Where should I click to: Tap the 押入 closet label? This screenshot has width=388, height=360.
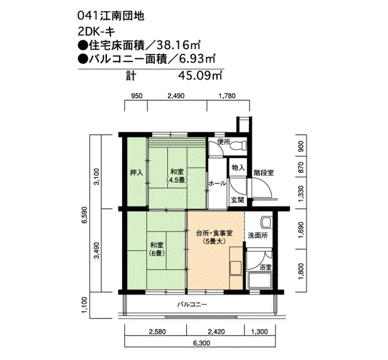point(136,172)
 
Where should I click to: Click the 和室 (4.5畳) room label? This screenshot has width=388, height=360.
point(177,175)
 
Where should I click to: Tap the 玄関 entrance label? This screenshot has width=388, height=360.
point(237,200)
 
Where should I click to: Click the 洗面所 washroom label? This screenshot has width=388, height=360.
point(257,235)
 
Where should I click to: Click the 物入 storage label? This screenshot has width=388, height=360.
point(238,167)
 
